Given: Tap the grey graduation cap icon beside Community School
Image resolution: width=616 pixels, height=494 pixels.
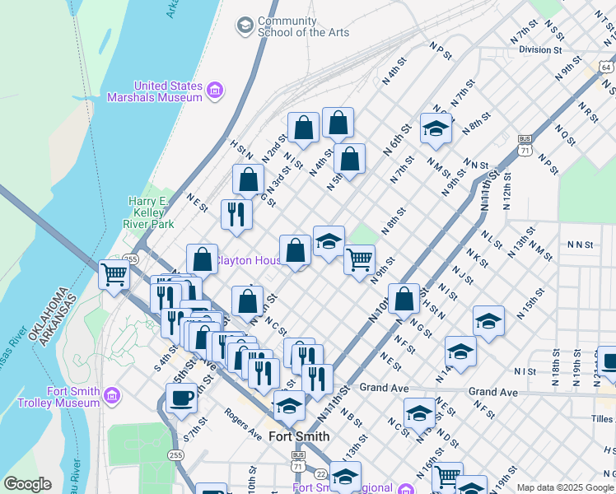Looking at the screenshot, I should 245,26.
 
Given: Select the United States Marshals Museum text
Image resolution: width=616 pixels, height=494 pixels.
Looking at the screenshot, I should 168,91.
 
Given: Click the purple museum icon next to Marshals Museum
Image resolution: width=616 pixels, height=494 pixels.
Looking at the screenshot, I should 214,91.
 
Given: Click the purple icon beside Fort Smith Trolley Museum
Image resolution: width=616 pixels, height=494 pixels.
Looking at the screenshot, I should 110,398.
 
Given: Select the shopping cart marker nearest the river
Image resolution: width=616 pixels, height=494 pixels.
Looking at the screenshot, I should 114,274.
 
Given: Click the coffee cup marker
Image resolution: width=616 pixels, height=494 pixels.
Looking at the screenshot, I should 182,398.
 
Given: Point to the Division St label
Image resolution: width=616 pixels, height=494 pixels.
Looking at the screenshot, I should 539,49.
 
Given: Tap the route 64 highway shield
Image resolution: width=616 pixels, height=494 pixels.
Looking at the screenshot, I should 606,67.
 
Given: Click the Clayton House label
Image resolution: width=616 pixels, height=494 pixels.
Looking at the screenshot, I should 247,261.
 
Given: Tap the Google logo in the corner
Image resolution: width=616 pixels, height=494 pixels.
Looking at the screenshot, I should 27,484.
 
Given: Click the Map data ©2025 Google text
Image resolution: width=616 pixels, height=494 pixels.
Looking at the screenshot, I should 565,487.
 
